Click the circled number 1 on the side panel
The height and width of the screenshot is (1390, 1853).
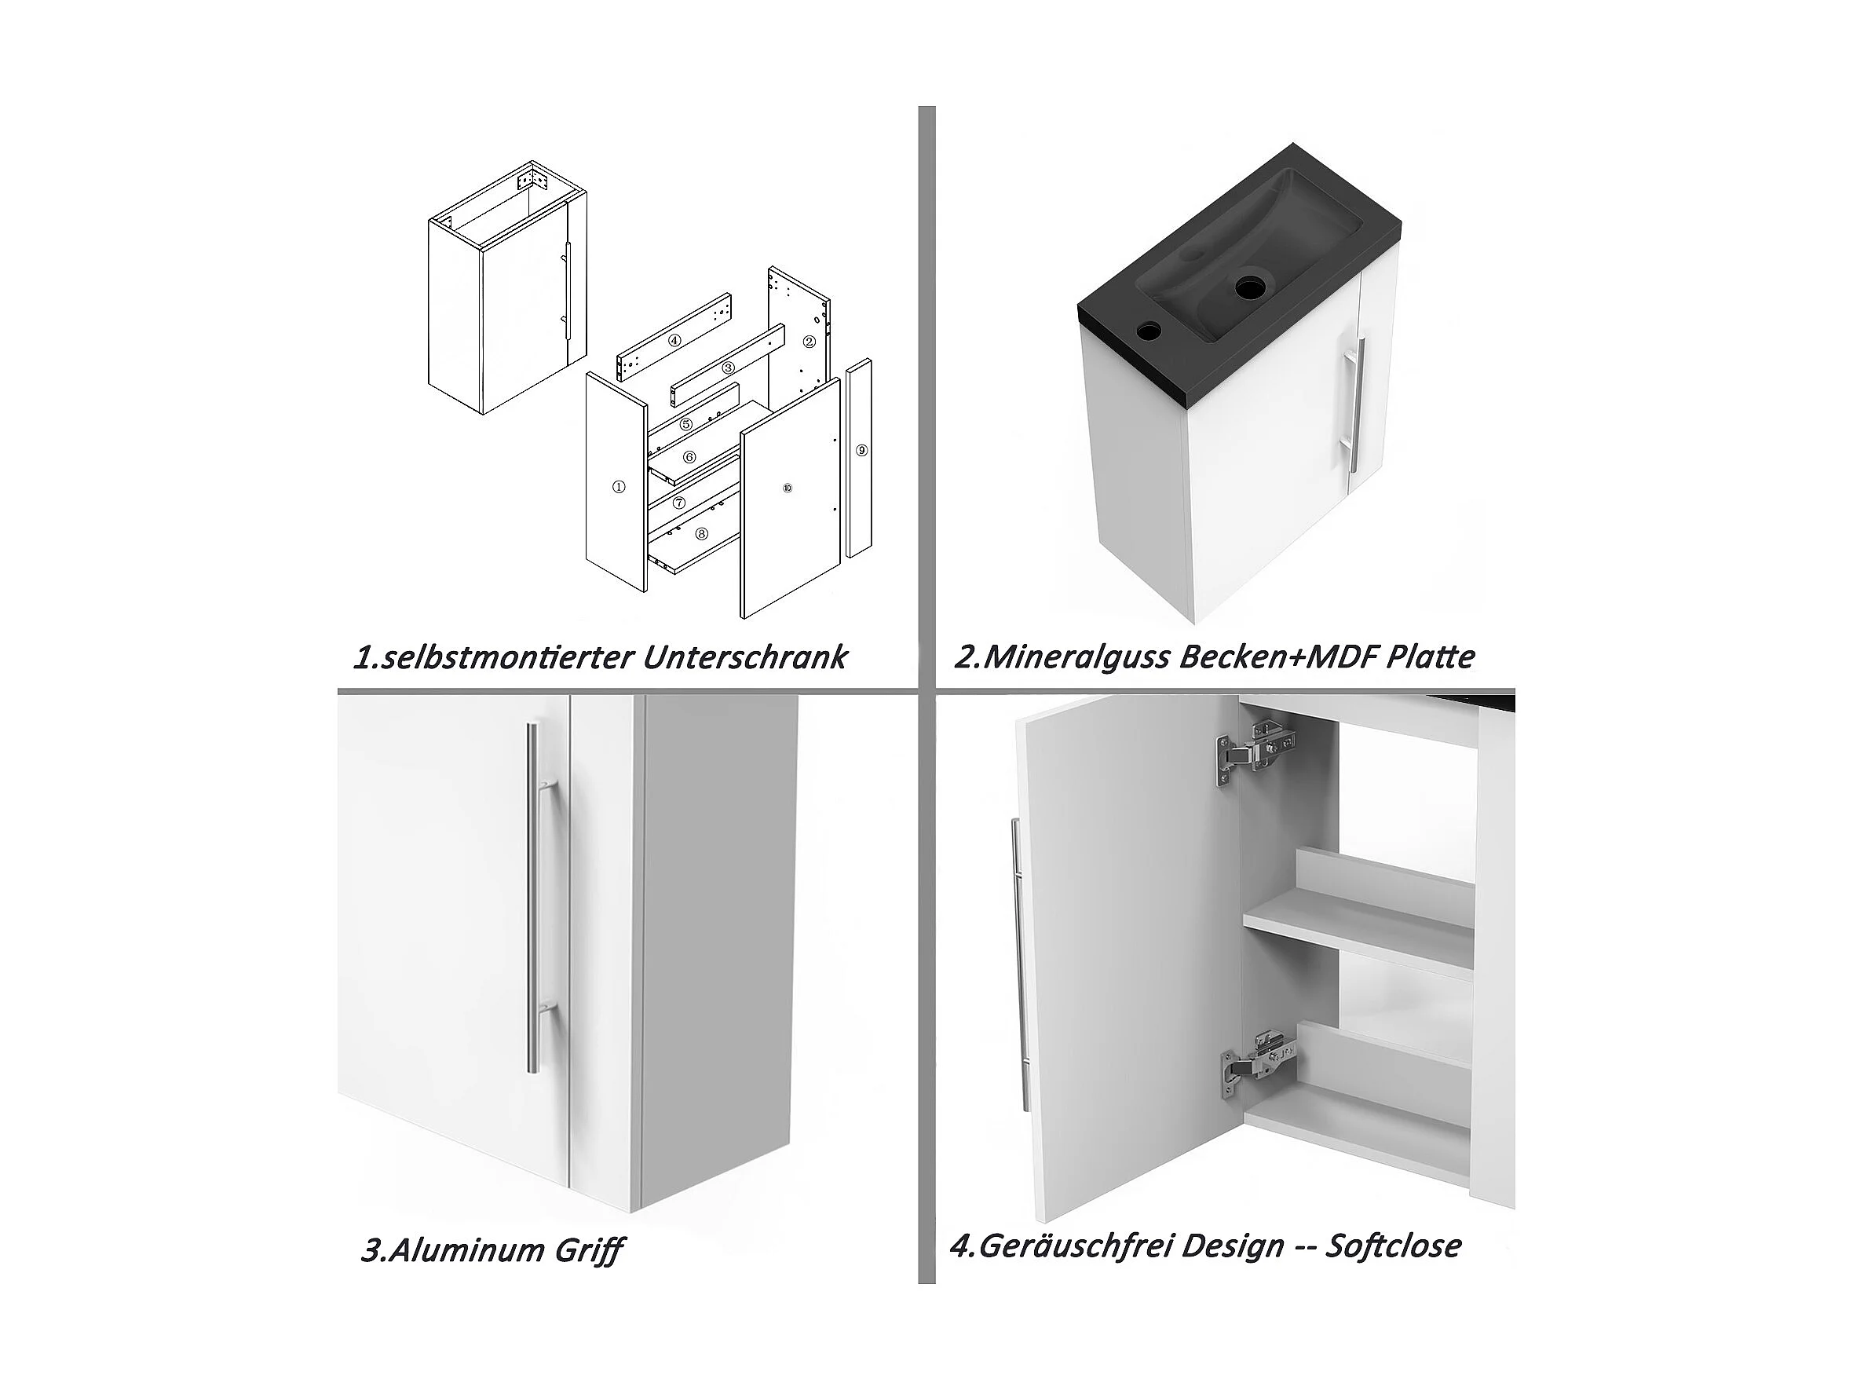click(618, 487)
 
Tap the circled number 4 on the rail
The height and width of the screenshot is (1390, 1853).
click(674, 340)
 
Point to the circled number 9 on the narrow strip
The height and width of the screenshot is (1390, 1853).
click(862, 450)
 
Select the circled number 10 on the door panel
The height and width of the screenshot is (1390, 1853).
click(787, 488)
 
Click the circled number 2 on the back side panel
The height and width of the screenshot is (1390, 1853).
click(810, 341)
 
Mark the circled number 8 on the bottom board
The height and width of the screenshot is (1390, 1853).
click(701, 533)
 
